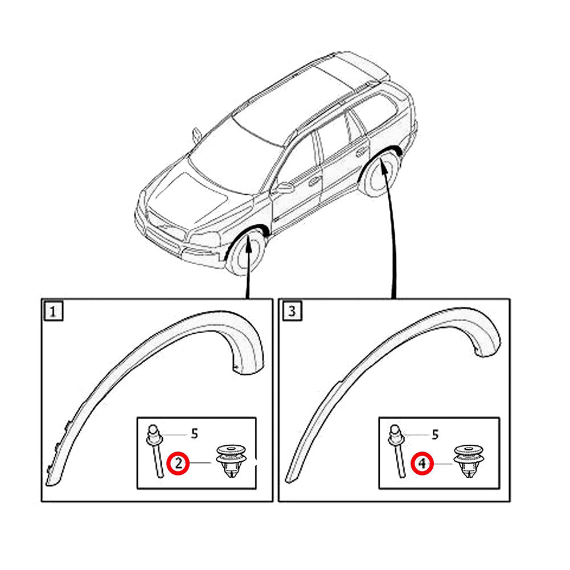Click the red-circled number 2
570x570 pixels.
pyautogui.click(x=178, y=464)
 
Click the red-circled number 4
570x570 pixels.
pyautogui.click(x=422, y=464)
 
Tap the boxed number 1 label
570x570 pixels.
pyautogui.click(x=53, y=311)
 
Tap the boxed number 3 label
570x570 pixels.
pyautogui.click(x=292, y=311)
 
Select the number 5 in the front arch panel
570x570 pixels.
pyautogui.click(x=195, y=433)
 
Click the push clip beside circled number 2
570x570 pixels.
pyautogui.click(x=231, y=461)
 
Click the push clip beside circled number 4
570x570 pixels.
pyautogui.click(x=469, y=460)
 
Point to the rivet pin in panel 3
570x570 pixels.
pyautogui.click(x=397, y=451)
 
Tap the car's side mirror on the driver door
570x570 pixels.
pyautogui.click(x=285, y=187)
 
